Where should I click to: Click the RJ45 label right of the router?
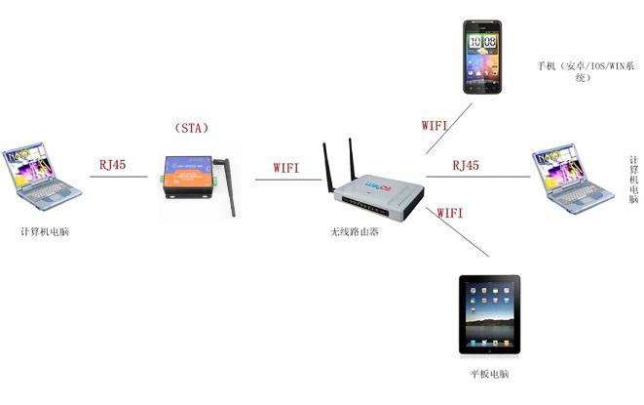click(466, 166)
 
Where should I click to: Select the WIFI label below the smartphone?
click(435, 125)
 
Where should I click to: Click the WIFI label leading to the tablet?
click(450, 211)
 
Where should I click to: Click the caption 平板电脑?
click(489, 375)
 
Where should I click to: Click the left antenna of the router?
click(327, 166)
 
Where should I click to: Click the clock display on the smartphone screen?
click(482, 42)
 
